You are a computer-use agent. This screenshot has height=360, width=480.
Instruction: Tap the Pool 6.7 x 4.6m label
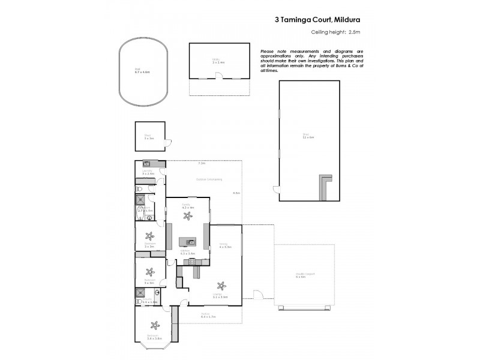142,71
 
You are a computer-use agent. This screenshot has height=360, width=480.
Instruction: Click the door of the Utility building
220,75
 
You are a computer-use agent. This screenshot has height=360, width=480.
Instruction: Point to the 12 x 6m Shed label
309,137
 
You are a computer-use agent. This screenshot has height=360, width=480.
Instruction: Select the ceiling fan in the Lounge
222,285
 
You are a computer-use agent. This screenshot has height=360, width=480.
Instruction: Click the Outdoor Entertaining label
209,179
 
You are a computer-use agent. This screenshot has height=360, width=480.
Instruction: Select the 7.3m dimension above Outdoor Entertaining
202,163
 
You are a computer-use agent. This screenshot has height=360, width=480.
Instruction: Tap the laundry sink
146,164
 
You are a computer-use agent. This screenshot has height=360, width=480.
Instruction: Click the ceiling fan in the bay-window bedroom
155,326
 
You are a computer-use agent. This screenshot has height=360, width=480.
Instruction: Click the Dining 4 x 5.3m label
226,245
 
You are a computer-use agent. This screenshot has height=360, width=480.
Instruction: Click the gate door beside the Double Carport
259,295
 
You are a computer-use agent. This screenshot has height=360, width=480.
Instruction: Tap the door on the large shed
276,191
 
